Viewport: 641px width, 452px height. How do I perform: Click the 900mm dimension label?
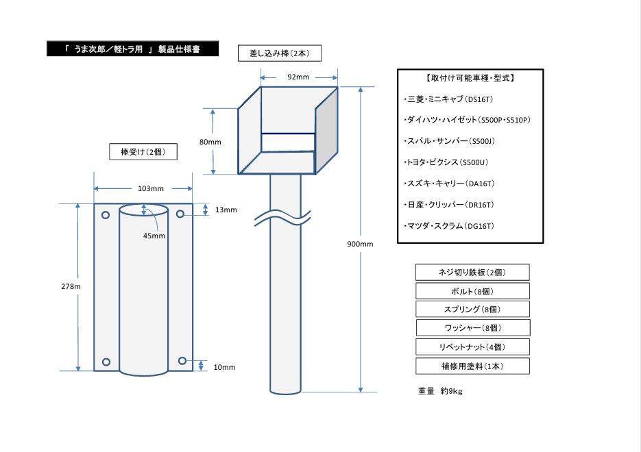(359, 244)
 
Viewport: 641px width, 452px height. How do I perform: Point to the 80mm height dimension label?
(210, 142)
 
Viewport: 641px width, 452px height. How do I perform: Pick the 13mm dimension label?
(226, 210)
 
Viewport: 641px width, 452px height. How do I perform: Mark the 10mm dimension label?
(224, 367)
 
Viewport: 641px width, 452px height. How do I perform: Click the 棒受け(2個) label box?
(144, 151)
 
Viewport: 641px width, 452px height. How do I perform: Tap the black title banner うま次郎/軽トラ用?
(132, 49)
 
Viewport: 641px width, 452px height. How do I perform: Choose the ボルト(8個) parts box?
(472, 291)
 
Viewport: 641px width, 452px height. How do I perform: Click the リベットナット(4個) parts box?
(472, 347)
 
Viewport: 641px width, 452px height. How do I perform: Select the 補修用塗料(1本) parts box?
(472, 366)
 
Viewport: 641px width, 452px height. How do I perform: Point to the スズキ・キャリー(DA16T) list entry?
(450, 184)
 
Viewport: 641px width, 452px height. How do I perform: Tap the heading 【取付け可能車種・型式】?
(470, 78)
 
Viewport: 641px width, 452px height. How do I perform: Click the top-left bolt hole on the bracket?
(106, 216)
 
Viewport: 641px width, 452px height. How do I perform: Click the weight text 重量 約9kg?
(440, 392)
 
